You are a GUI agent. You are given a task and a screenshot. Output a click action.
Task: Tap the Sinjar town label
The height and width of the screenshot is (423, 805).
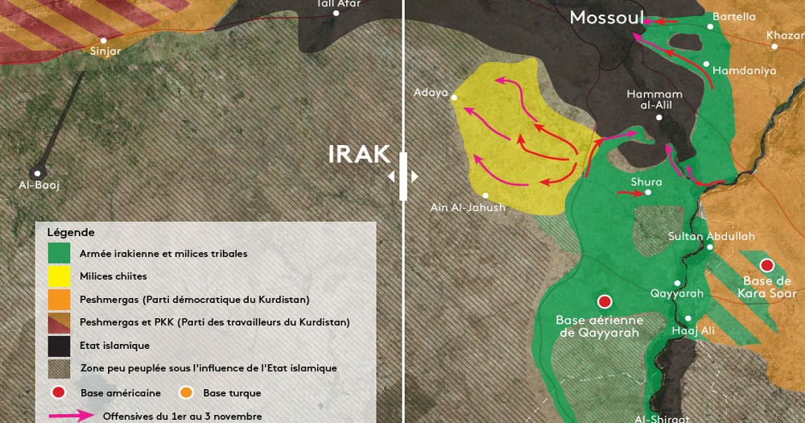(105, 52)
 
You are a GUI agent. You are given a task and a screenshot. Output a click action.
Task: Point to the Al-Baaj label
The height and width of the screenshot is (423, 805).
(39, 185)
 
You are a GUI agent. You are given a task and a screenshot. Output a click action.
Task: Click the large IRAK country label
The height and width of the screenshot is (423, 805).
(359, 154)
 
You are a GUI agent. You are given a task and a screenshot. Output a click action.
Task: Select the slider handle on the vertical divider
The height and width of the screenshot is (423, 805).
(403, 176)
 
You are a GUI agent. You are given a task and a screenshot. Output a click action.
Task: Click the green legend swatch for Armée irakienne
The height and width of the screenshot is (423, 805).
(59, 253)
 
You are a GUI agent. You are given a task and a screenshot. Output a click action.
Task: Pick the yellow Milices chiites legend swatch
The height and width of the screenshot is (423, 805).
(59, 276)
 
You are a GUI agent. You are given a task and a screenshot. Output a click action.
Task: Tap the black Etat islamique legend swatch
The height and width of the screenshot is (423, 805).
(59, 346)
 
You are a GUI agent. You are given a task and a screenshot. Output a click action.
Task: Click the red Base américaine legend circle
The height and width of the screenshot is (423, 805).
(59, 393)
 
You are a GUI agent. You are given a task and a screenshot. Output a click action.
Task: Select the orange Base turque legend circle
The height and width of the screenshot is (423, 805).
(186, 393)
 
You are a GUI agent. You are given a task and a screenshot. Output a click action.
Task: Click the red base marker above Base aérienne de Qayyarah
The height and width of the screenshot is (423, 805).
(605, 302)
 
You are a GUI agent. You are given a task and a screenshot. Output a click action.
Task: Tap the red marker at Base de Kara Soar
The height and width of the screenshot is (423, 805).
(767, 265)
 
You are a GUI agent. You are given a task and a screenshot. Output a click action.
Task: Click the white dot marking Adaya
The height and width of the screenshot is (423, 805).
(454, 98)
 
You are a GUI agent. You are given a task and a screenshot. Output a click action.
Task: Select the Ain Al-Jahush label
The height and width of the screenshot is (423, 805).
(468, 208)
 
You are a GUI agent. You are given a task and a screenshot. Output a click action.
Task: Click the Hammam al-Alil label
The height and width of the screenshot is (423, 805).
(654, 100)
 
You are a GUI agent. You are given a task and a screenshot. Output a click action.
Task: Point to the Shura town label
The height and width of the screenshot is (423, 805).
(646, 182)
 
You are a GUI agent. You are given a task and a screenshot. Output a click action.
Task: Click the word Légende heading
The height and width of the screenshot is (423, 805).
(71, 232)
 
